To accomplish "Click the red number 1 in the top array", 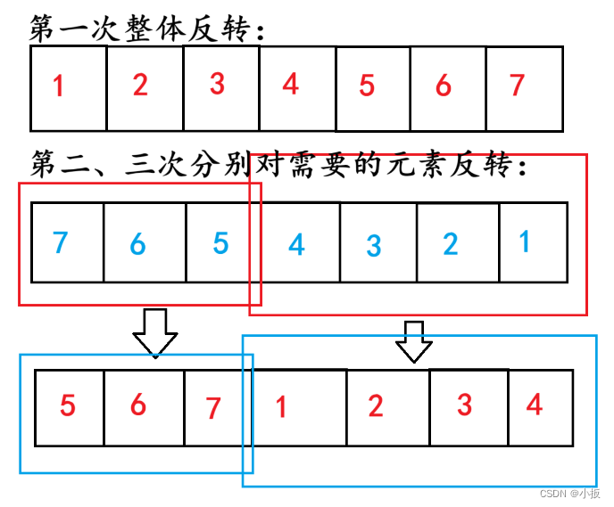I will (x=59, y=87).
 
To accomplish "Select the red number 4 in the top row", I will (x=290, y=86).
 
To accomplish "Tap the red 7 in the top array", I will (x=517, y=86).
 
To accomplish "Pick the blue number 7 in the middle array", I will (x=60, y=241).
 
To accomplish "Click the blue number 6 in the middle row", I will (x=137, y=242).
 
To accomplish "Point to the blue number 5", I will (x=220, y=242).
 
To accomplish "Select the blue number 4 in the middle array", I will (x=295, y=243).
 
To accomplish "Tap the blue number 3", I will (x=375, y=245).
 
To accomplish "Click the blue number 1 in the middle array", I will (x=525, y=241).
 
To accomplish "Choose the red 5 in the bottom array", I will (x=68, y=406).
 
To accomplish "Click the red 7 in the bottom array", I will (x=212, y=409).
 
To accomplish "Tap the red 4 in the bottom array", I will (x=535, y=405).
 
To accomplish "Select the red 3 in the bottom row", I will (x=464, y=405).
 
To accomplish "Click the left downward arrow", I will (x=155, y=331).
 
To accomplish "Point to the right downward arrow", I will (x=413, y=341).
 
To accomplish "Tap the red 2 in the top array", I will (x=140, y=86).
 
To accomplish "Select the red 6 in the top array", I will (x=444, y=86).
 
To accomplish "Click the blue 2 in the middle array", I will (x=451, y=243).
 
